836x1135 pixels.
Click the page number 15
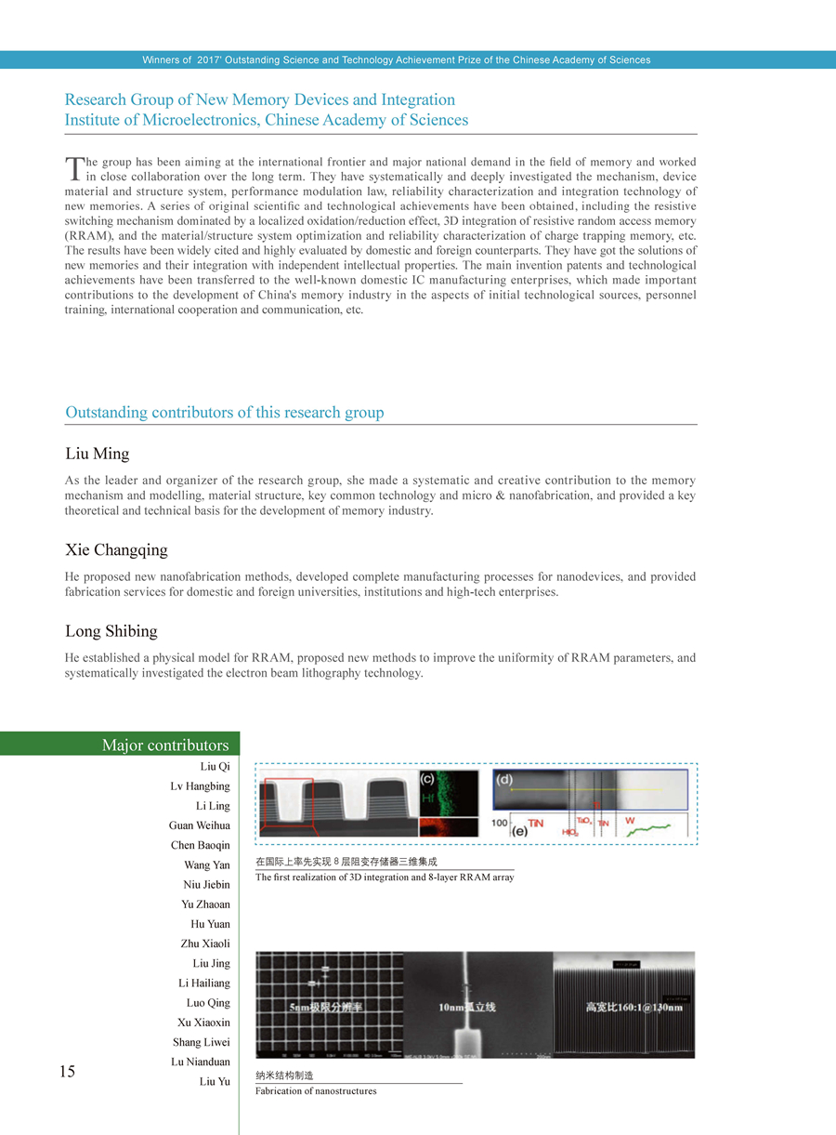[x=67, y=1072]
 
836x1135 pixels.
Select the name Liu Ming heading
[x=98, y=455]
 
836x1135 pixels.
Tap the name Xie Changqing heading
[x=117, y=550]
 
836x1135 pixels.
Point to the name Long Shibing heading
[x=111, y=631]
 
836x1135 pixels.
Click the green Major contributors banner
[x=120, y=745]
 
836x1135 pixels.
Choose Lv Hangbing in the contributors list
[x=200, y=786]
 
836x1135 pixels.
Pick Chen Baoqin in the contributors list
[x=200, y=846]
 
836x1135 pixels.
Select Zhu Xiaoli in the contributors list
[x=205, y=944]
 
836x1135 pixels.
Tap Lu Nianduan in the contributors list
[x=202, y=1062]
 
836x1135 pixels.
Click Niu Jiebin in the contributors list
[x=205, y=885]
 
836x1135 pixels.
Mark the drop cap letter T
[x=74, y=168]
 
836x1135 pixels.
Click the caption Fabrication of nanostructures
[x=316, y=1090]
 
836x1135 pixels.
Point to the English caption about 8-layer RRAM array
[x=385, y=878]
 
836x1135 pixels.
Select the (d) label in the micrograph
[x=506, y=779]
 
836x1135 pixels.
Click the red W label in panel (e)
[x=631, y=821]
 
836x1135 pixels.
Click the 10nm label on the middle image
[x=466, y=1007]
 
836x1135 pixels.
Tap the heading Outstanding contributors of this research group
[x=225, y=413]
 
